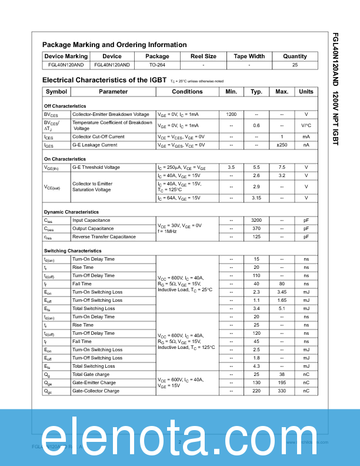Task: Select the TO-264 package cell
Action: click(157, 65)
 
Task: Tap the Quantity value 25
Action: click(295, 65)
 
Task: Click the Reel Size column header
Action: click(203, 56)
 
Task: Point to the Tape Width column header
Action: click(249, 56)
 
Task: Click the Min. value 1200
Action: click(231, 114)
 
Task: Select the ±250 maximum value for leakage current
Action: click(282, 145)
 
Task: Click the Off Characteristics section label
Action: click(65, 106)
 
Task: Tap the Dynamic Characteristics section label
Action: click(71, 212)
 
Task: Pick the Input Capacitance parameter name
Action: click(91, 220)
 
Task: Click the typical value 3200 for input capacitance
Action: click(256, 220)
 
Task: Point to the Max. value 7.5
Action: click(282, 167)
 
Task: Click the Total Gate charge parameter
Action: click(91, 374)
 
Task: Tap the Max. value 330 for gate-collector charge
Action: click(282, 391)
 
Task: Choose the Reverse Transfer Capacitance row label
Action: click(103, 237)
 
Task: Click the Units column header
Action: click(306, 92)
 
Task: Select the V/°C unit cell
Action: click(306, 125)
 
